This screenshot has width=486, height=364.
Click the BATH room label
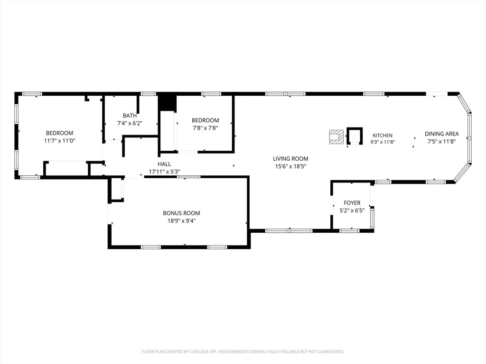[130, 116]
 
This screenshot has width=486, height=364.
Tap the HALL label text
[164, 164]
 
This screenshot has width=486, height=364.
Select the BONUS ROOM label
[181, 213]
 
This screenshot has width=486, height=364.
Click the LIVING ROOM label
[290, 158]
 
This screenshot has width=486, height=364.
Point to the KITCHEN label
[383, 135]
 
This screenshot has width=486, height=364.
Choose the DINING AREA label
[442, 134]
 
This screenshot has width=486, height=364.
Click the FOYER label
[352, 203]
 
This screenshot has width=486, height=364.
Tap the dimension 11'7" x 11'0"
[59, 140]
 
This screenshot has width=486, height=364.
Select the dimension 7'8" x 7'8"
[205, 128]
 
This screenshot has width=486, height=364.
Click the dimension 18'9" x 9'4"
[181, 221]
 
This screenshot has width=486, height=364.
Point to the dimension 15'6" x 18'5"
[291, 166]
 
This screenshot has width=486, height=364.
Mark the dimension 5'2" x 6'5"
[352, 210]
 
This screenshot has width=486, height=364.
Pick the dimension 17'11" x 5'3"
[164, 172]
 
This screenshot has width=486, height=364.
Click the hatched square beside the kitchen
[336, 137]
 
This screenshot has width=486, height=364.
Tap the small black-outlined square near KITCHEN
[354, 136]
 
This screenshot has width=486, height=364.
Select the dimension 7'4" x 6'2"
[130, 123]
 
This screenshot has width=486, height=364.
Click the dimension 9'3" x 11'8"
[383, 142]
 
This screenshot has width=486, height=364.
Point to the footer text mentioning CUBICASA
[243, 352]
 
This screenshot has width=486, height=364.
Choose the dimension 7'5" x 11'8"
[442, 141]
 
